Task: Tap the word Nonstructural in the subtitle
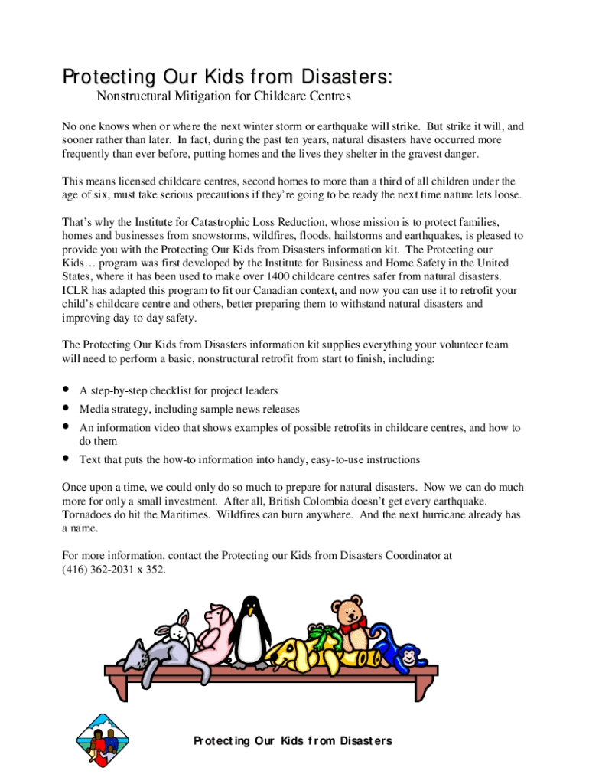click(133, 96)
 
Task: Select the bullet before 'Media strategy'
click(67, 409)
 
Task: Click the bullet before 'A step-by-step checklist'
click(67, 390)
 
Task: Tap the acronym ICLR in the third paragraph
click(77, 290)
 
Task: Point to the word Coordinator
click(415, 555)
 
